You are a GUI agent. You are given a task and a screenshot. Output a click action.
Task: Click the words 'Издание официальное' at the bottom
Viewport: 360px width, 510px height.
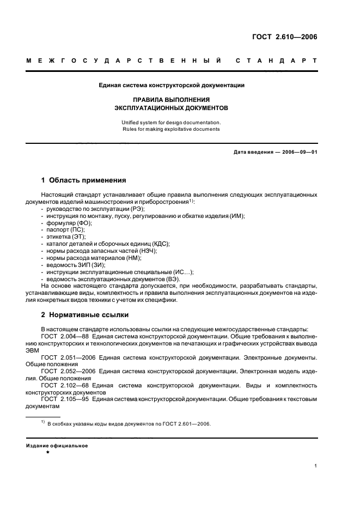click(57, 445)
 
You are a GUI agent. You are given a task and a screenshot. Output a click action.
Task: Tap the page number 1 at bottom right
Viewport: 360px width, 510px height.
click(315, 466)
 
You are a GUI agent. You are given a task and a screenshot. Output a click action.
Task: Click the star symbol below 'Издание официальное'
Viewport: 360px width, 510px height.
click(48, 452)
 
